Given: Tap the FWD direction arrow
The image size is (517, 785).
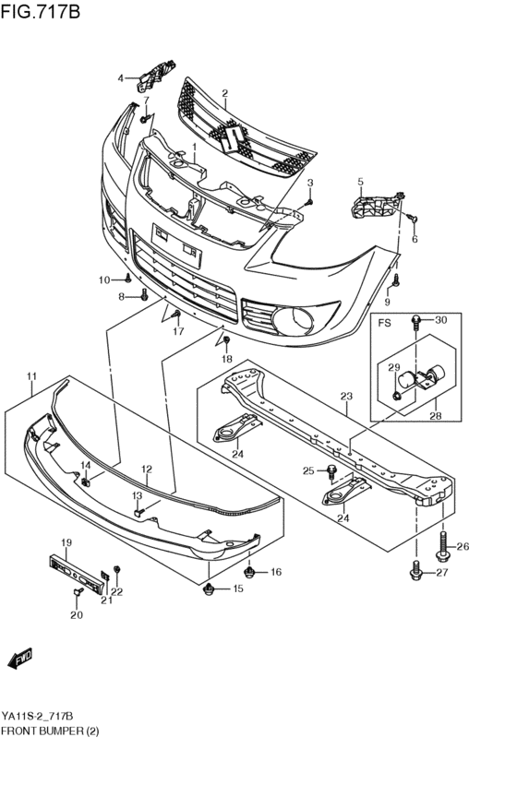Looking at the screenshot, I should point(20,658).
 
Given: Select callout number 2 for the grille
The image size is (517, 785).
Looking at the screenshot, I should point(224,93).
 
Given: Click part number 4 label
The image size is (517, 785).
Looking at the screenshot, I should point(120,78).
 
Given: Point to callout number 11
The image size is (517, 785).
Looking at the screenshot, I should point(31,376).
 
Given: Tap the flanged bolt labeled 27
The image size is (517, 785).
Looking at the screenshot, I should point(416,573).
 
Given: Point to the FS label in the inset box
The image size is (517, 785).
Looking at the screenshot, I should point(383,323).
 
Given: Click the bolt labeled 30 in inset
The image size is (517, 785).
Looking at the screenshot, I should point(417,323).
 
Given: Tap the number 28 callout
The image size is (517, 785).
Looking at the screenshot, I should point(434,416).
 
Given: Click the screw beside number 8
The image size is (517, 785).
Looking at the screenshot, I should point(144,296).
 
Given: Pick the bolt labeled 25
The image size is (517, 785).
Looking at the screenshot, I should point(331,471).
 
